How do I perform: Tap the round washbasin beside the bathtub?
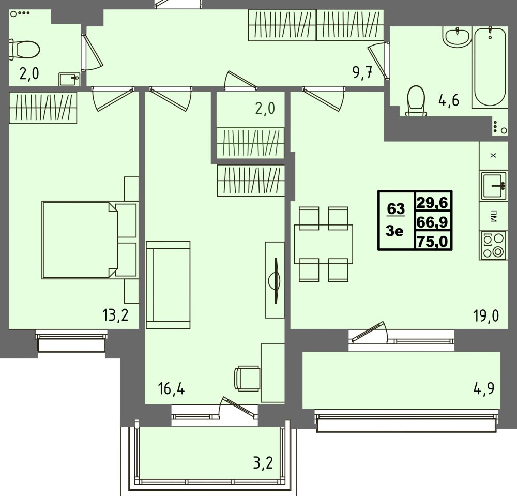(x=457, y=37)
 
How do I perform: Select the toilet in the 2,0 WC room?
(x=24, y=50)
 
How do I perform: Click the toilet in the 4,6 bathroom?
(x=416, y=100)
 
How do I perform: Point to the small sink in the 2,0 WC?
(x=70, y=79)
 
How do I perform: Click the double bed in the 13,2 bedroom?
(x=89, y=240)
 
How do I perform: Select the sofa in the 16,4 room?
(x=168, y=284)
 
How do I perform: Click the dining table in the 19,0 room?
(x=324, y=244)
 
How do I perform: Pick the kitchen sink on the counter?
(x=494, y=186)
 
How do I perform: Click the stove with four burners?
(x=494, y=245)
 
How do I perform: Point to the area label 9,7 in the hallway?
(x=363, y=72)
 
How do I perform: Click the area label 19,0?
(x=486, y=315)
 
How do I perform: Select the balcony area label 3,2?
(x=263, y=463)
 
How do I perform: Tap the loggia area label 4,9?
(x=484, y=388)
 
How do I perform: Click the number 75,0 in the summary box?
(x=432, y=241)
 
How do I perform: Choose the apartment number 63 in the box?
(x=396, y=208)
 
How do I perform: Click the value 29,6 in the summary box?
(x=433, y=202)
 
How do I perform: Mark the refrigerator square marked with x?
(x=493, y=156)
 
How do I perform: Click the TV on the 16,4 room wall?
(x=275, y=280)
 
